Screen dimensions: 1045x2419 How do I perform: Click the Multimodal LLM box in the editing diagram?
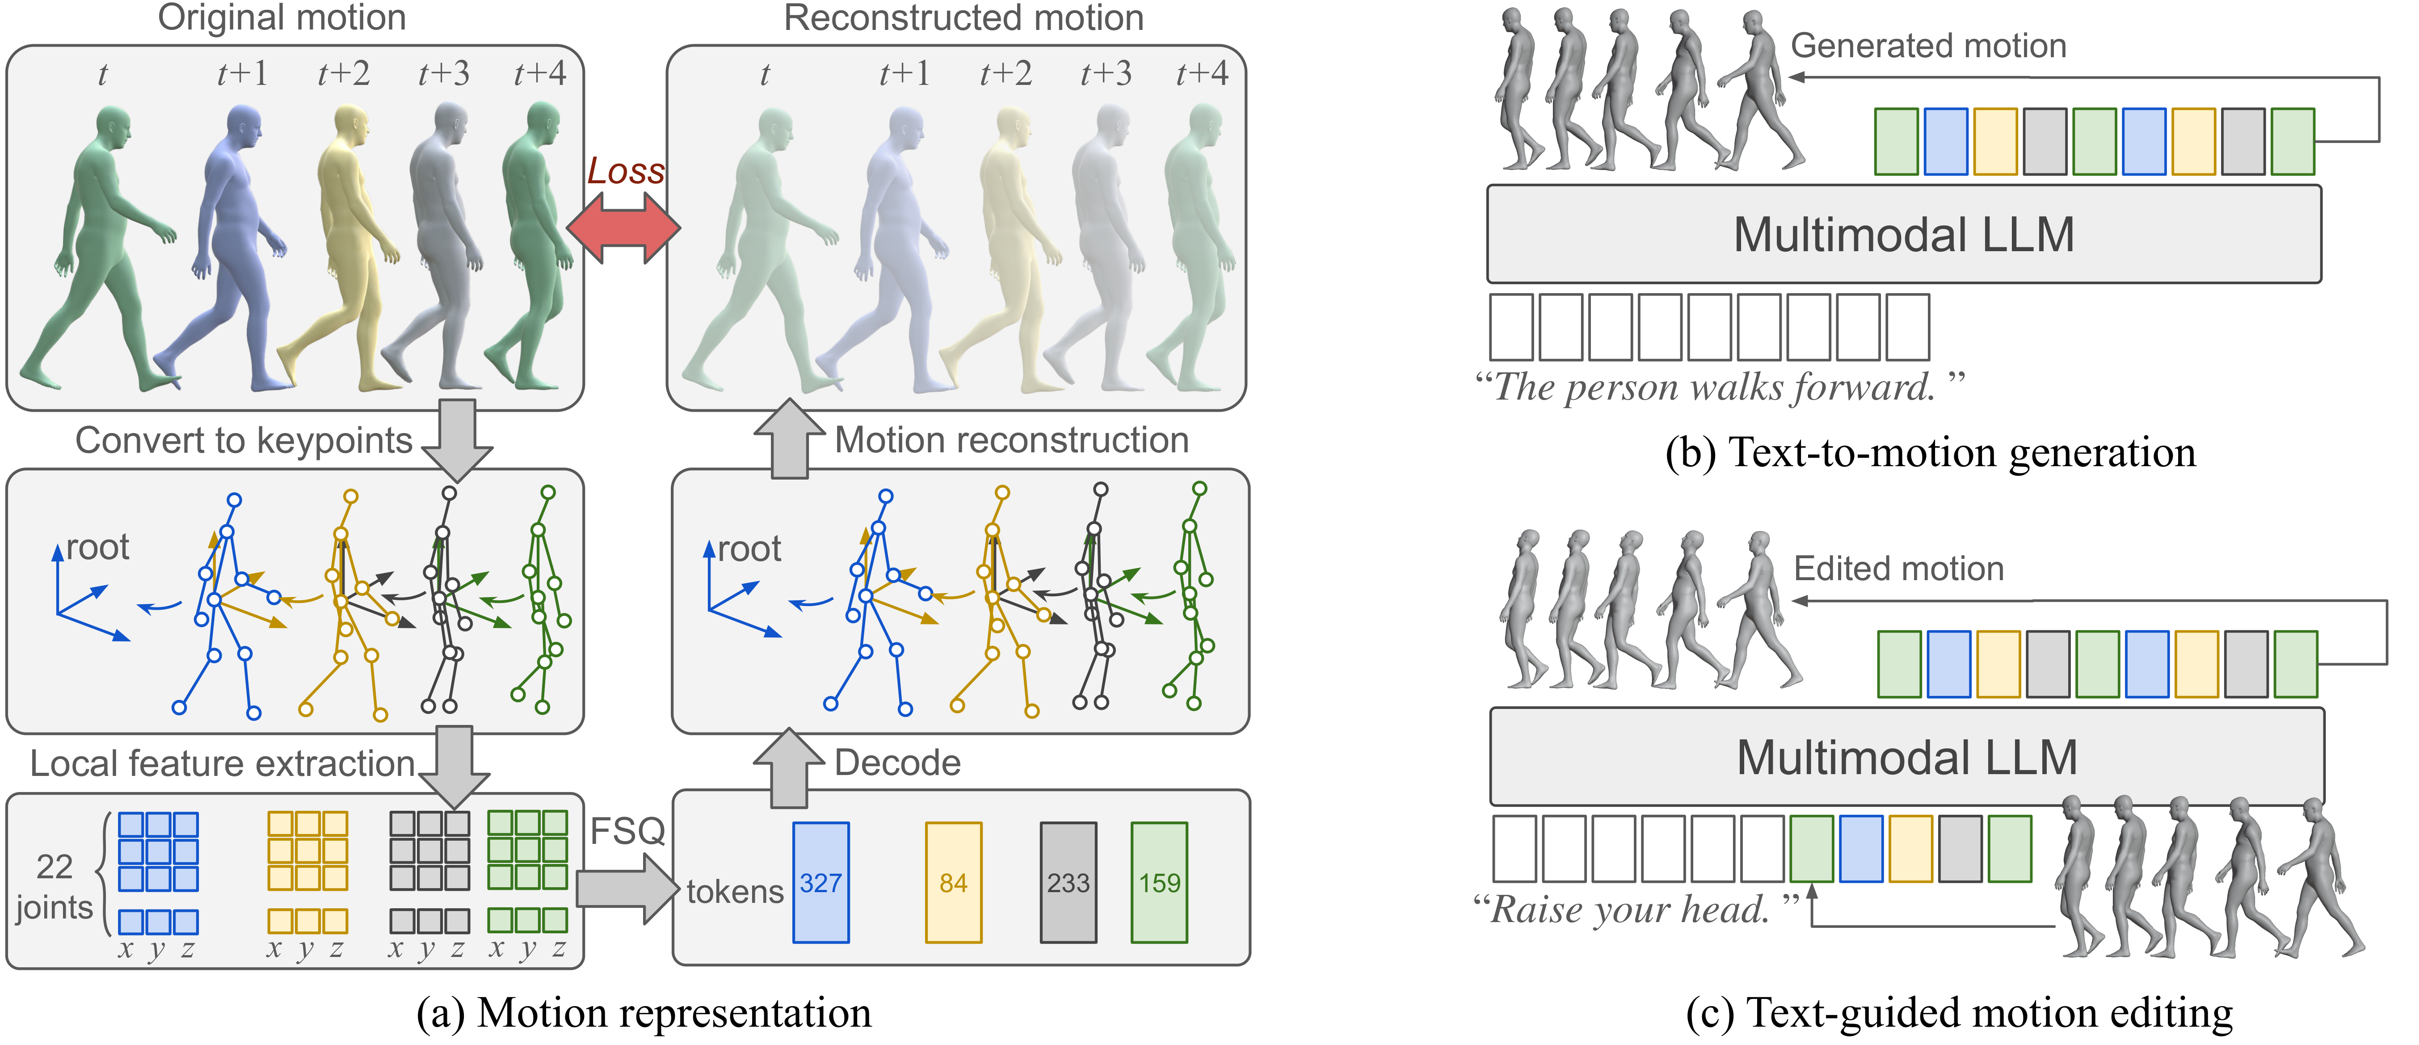[x=1906, y=757]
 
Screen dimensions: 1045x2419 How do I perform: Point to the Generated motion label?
[x=1928, y=45]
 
